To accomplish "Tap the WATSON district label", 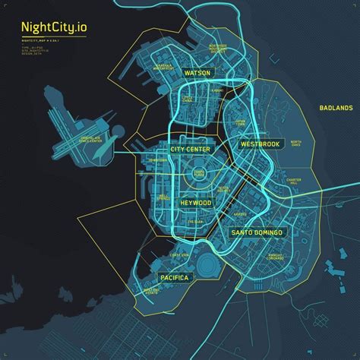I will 197,74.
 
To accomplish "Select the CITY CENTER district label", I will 191,150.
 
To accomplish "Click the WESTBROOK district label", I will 260,144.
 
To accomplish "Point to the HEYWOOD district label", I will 196,204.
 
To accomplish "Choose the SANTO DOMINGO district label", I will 257,232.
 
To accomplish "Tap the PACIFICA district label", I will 174,278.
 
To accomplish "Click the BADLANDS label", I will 336,109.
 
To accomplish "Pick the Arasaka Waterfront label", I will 166,66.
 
